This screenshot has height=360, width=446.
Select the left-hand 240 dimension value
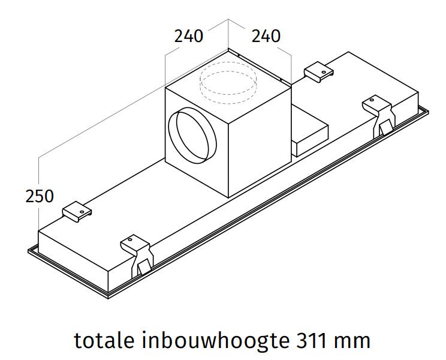pyautogui.click(x=189, y=36)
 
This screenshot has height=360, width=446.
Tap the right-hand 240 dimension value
pyautogui.click(x=266, y=36)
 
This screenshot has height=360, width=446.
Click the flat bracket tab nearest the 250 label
pyautogui.click(x=77, y=211)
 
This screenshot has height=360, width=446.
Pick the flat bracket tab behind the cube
pyautogui.click(x=318, y=73)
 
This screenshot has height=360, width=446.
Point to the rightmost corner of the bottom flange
pyautogui.click(x=428, y=110)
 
